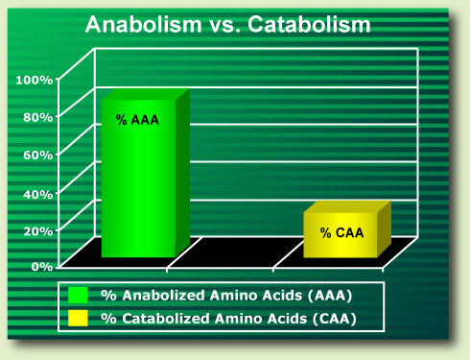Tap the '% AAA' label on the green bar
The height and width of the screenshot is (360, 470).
pyautogui.click(x=138, y=120)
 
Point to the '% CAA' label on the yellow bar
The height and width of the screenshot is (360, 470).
pyautogui.click(x=341, y=232)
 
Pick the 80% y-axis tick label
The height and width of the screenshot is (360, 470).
pyautogui.click(x=37, y=117)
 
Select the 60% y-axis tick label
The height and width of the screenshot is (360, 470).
pyautogui.click(x=37, y=155)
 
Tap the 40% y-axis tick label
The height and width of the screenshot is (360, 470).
pyautogui.click(x=37, y=193)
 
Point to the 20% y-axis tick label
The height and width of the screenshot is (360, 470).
pyautogui.click(x=37, y=230)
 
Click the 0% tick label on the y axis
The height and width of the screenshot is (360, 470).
pyautogui.click(x=41, y=267)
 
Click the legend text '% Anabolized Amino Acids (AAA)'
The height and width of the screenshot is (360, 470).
pyautogui.click(x=224, y=294)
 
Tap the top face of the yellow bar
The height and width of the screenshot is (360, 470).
pyautogui.click(x=347, y=209)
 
